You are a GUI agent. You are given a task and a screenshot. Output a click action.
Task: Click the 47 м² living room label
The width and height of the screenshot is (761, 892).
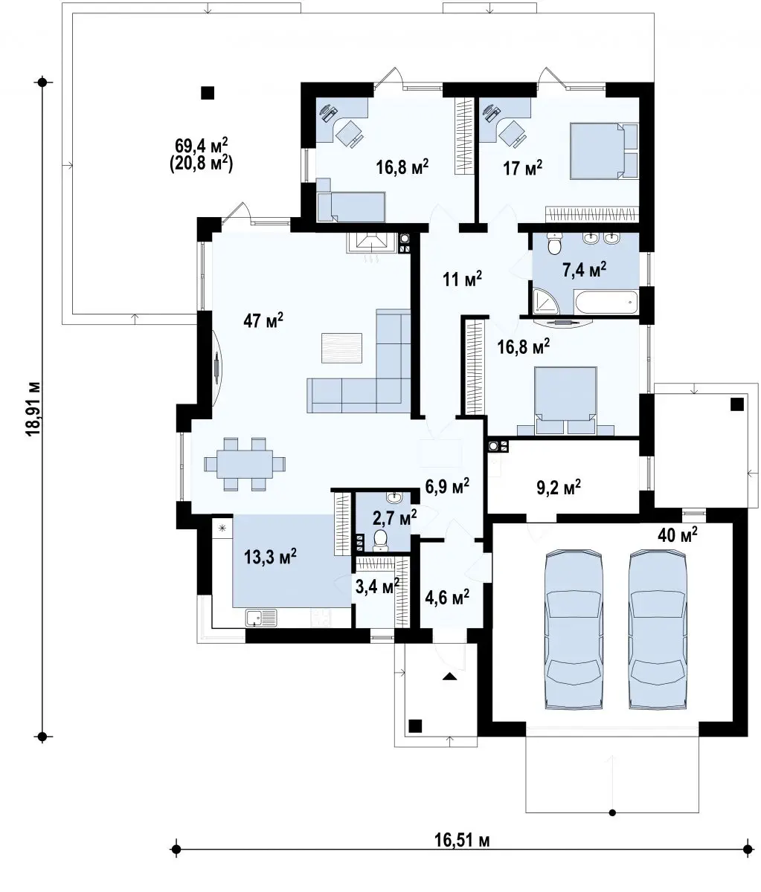(x=263, y=320)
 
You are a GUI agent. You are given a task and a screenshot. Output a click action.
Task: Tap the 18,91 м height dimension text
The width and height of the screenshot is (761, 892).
(x=33, y=409)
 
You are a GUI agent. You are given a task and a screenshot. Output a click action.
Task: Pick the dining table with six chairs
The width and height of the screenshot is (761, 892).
(x=245, y=464)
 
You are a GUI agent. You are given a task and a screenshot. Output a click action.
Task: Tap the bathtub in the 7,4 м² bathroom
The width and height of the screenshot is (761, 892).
(x=606, y=302)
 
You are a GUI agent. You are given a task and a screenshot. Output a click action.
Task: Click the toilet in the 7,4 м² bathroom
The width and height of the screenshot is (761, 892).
(x=553, y=244)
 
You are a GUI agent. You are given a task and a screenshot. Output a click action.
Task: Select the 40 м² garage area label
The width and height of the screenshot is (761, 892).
(x=677, y=535)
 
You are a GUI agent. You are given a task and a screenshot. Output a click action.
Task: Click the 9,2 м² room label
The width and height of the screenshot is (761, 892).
(x=559, y=488)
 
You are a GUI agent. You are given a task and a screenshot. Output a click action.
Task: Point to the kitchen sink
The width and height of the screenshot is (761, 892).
(x=261, y=618)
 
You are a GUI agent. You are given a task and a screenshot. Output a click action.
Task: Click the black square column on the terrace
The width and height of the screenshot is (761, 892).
(x=208, y=92)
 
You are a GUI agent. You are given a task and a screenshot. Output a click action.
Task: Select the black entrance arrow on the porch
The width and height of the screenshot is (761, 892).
(x=449, y=676)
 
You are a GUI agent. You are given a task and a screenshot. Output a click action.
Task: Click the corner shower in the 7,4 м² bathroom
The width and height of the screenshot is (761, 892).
(x=545, y=302)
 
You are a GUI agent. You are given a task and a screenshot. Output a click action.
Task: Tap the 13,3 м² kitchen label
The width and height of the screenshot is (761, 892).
(x=270, y=557)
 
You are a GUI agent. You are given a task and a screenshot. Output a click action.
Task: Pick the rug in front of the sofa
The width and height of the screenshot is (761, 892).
(x=341, y=347)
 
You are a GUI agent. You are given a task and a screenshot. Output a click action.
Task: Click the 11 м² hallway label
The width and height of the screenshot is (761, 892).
(x=462, y=279)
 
